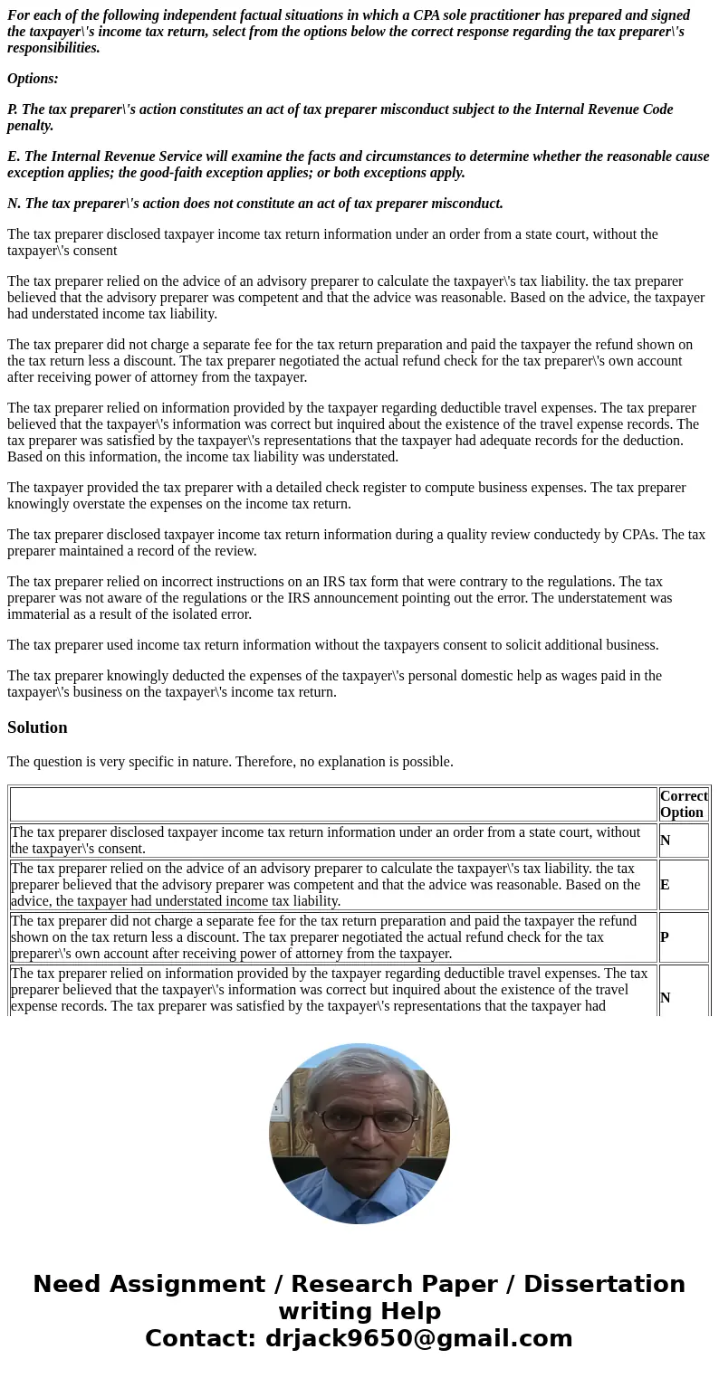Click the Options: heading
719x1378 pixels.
33,79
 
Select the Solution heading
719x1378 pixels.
37,727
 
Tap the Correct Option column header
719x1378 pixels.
683,803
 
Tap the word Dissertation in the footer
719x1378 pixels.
604,1284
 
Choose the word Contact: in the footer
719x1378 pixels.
201,1338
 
